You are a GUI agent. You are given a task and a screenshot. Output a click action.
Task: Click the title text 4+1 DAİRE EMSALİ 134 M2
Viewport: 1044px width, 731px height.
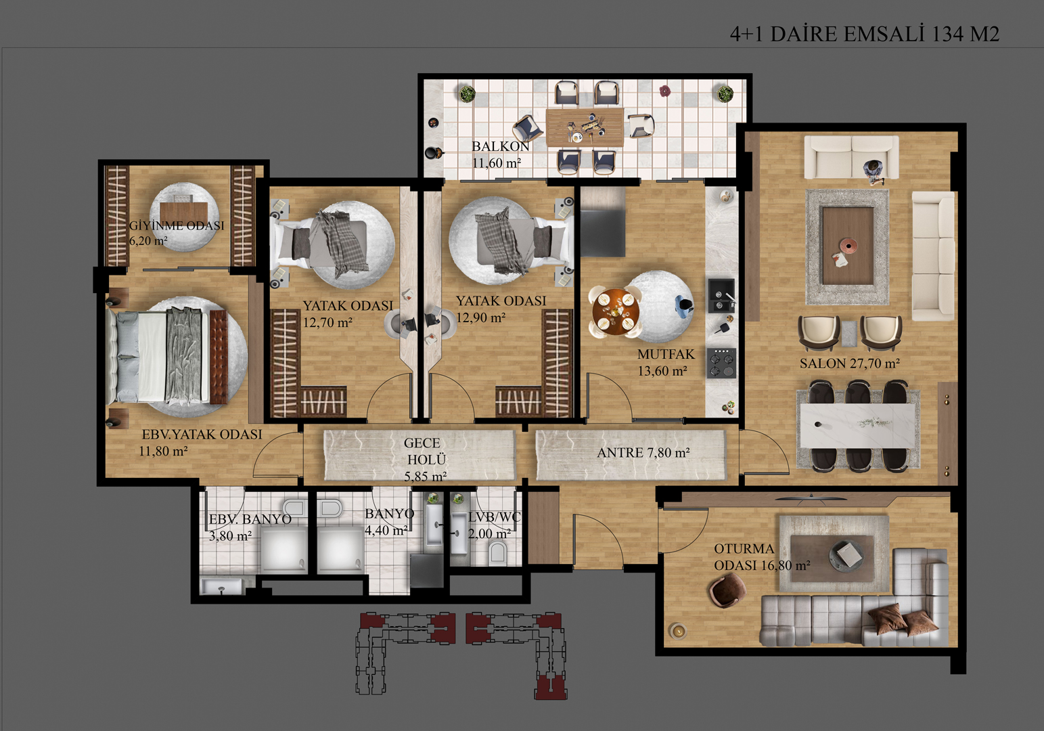865,34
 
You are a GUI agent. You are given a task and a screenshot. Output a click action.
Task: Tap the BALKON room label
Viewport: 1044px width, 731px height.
501,146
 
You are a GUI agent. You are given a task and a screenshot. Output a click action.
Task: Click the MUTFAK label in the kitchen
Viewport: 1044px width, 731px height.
666,354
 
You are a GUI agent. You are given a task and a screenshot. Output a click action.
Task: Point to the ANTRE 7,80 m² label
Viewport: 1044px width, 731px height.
643,452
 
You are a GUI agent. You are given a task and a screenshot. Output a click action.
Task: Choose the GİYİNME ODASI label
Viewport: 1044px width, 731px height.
177,225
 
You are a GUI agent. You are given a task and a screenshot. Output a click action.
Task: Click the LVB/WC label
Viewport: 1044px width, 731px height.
494,516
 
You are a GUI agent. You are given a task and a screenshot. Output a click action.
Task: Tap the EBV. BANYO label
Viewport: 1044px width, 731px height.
250,519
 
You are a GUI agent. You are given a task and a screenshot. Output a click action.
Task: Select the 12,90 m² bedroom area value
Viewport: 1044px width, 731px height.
480,317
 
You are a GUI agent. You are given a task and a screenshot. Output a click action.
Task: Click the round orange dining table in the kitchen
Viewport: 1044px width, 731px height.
616,311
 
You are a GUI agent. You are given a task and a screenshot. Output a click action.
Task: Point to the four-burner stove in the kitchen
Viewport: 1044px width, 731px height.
721,363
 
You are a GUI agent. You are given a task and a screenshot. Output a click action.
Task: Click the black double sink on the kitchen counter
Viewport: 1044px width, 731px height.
721,296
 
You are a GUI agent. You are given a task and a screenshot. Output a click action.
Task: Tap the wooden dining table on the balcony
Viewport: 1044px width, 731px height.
585,127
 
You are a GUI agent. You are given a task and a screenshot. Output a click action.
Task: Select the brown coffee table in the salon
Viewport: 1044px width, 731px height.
848,246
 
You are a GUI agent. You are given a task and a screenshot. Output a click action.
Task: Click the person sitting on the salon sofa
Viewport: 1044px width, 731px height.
873,171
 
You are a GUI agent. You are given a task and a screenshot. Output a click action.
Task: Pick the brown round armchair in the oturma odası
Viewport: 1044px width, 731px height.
727,590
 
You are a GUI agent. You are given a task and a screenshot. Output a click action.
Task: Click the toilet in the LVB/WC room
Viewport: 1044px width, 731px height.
497,553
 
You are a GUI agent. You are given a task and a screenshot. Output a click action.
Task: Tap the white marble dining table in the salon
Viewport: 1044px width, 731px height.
857,426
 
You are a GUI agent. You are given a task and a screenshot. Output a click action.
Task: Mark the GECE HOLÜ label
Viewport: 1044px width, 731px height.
424,460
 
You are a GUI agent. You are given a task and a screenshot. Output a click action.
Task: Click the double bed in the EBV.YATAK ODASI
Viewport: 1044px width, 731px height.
166,357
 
